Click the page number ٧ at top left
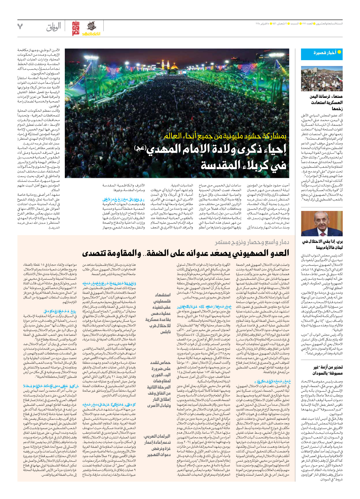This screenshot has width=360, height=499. click(x=20, y=27)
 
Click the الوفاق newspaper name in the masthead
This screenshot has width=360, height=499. click(x=54, y=27)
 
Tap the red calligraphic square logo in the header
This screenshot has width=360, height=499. click(x=75, y=28)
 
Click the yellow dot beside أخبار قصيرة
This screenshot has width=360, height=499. click(x=339, y=52)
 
